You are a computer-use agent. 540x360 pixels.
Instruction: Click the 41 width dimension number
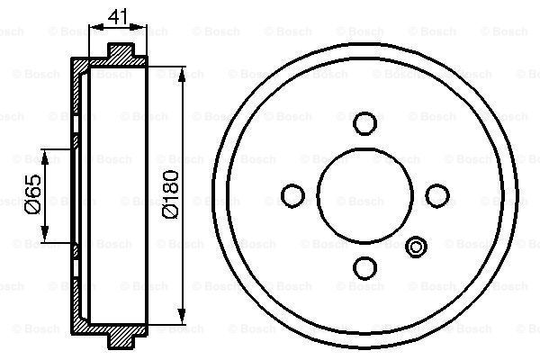click(116, 15)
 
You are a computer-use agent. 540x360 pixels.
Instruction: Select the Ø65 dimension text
click(31, 195)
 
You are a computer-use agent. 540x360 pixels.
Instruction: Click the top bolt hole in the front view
click(364, 123)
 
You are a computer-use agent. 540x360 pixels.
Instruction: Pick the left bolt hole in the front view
click(292, 195)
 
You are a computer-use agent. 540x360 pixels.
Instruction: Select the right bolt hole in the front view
click(436, 195)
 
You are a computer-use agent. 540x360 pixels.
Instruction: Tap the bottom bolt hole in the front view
click(364, 267)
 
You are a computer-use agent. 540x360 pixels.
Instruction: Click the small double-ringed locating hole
click(416, 246)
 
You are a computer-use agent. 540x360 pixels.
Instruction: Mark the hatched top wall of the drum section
click(108, 64)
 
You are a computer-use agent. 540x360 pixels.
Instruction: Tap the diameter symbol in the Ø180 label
click(170, 213)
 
